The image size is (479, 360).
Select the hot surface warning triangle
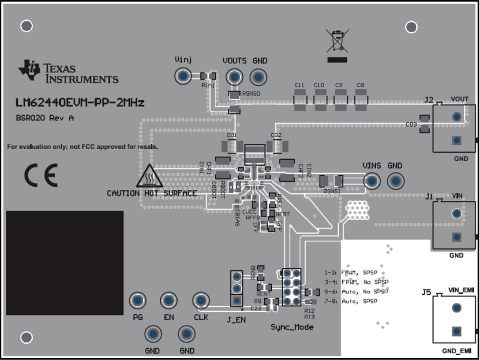pos(149,177)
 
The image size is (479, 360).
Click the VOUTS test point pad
pos(235,77)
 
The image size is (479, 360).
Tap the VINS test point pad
pos(371,181)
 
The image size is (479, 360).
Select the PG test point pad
pos(138,300)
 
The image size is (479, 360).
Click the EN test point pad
pos(169,300)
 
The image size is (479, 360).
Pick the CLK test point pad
pos(201,300)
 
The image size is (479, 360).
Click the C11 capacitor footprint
pos(300,100)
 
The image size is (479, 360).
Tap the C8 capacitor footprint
pos(361,100)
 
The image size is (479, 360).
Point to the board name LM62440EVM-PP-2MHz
pos(80,103)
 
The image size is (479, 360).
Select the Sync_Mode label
pos(292,326)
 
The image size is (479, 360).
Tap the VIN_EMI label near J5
pos(461,290)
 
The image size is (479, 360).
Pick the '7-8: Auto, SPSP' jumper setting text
pos(359,301)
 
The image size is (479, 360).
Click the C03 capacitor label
pos(411,124)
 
